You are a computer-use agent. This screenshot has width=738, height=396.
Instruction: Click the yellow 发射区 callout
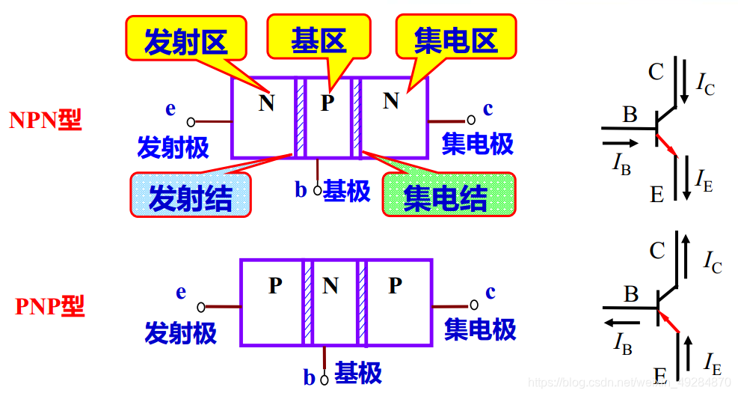point(185,39)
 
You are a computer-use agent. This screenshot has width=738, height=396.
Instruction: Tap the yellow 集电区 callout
point(455,39)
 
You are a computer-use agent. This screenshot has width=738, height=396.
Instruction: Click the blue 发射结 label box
point(190,197)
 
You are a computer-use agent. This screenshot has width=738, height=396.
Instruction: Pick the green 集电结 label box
point(447,195)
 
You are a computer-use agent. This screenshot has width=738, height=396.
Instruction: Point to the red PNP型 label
point(49,306)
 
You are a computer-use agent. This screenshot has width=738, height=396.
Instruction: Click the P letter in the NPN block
point(328,103)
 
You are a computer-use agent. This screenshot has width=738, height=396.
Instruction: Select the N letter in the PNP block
point(330,286)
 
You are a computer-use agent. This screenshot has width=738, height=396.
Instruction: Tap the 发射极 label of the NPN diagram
point(173,147)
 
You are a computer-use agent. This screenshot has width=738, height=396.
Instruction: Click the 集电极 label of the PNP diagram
point(480,329)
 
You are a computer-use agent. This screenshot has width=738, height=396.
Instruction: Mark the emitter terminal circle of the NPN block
point(191,121)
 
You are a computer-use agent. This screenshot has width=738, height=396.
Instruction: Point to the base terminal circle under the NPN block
point(317,190)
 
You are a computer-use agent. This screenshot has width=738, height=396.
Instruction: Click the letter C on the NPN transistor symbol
point(656,72)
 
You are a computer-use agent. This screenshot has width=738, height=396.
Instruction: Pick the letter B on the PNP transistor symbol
point(631,294)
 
